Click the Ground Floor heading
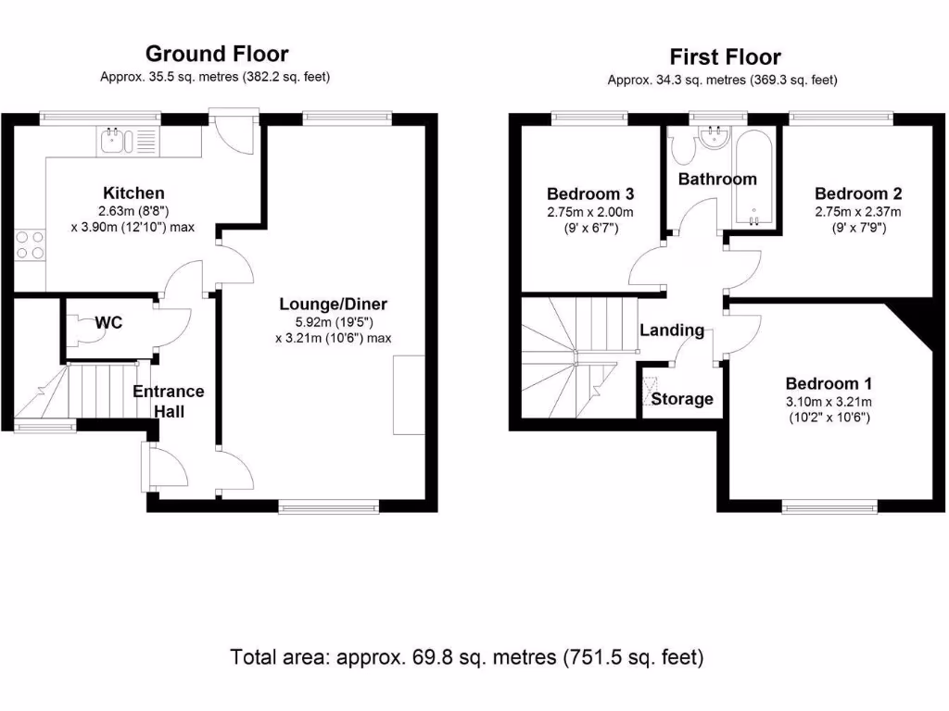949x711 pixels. click(x=216, y=55)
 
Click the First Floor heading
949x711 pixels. click(x=725, y=57)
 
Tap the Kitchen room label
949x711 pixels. click(x=133, y=193)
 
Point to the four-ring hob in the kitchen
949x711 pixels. click(x=29, y=244)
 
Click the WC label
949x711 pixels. click(x=108, y=323)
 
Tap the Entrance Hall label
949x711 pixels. click(x=168, y=400)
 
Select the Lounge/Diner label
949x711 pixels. click(x=334, y=304)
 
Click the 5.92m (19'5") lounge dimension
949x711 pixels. click(x=334, y=321)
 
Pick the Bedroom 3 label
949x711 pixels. click(x=590, y=193)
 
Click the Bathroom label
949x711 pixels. click(x=717, y=179)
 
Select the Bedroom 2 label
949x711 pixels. click(x=857, y=193)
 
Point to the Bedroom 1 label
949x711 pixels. click(x=829, y=383)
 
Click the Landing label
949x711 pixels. click(x=672, y=331)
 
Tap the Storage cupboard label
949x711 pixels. click(x=682, y=399)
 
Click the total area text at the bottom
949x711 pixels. click(x=467, y=657)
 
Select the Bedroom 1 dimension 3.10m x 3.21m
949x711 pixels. click(x=829, y=401)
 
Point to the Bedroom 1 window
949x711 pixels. click(x=829, y=505)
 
